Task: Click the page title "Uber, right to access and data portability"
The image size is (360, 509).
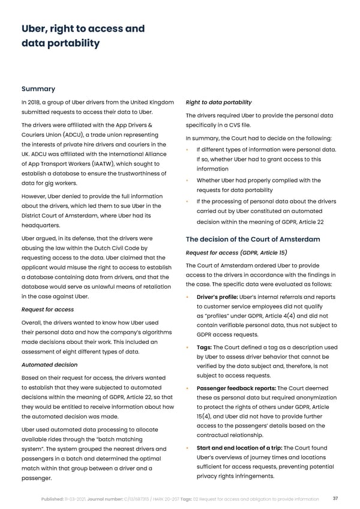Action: pos(83,36)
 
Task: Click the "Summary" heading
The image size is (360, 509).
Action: pos(38,89)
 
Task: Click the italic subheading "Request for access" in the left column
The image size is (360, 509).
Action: pos(48,310)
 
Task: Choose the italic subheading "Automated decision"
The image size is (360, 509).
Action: pos(49,364)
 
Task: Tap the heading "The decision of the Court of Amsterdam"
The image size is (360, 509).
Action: pos(253,239)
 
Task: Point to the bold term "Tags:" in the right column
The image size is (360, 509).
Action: pos(203,348)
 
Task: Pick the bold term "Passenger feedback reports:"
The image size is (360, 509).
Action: pos(236,388)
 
